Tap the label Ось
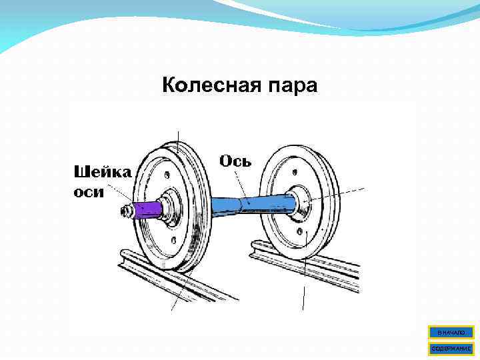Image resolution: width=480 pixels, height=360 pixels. point(235,162)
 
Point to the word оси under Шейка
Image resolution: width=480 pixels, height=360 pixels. point(88,191)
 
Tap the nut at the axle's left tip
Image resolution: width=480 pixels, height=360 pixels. point(125,211)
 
